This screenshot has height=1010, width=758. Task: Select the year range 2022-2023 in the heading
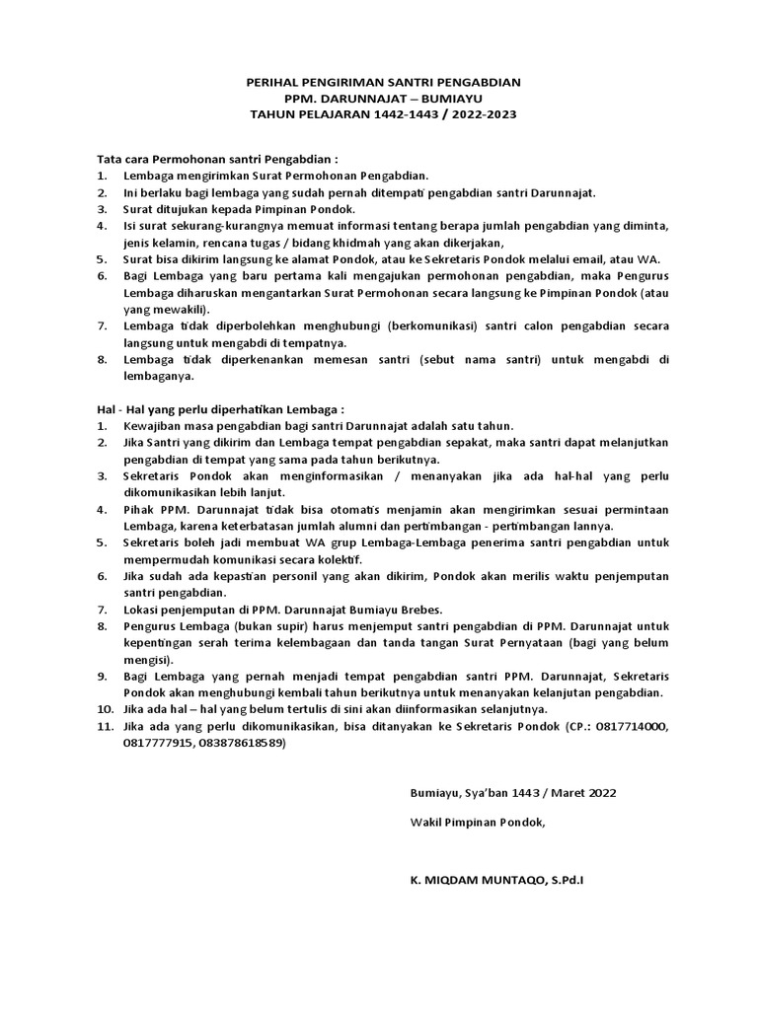pyautogui.click(x=479, y=114)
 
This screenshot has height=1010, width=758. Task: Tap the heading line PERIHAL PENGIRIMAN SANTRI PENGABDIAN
pyautogui.click(x=383, y=84)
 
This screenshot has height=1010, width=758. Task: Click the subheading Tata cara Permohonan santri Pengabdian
pyautogui.click(x=217, y=158)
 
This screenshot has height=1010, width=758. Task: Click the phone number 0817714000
pyautogui.click(x=627, y=727)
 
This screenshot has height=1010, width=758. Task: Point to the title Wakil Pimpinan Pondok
pyautogui.click(x=477, y=822)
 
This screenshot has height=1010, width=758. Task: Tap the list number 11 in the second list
pyautogui.click(x=104, y=727)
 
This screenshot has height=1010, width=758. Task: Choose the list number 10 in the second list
pyautogui.click(x=104, y=709)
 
